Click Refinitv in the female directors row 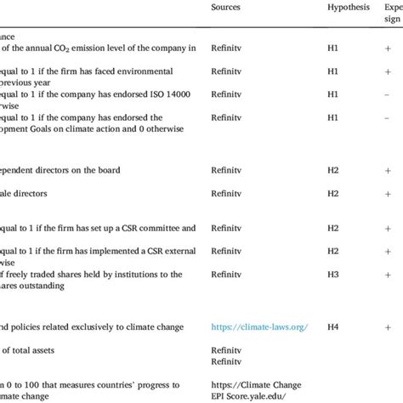click(x=227, y=194)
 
